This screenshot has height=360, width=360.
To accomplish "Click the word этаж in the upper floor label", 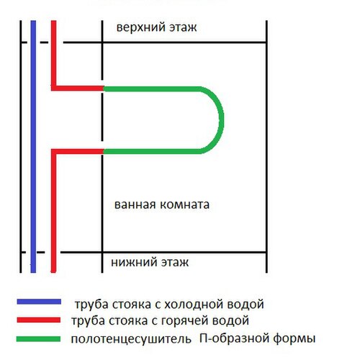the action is click(x=183, y=27).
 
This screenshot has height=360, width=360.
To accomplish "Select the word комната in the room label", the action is click(x=184, y=204).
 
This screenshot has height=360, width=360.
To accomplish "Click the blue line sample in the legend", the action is click(x=39, y=302).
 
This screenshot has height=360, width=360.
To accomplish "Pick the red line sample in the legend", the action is click(x=38, y=320).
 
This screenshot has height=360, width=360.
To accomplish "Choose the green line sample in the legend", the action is click(x=38, y=339).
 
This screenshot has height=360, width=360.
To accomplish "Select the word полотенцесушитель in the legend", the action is click(x=131, y=339).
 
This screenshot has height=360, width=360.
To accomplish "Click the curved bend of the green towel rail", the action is click(x=221, y=120).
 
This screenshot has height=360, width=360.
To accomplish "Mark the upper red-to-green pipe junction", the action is click(x=104, y=89).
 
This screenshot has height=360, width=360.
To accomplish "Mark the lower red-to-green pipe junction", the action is click(x=104, y=151).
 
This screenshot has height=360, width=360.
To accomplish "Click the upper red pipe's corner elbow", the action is click(x=54, y=88).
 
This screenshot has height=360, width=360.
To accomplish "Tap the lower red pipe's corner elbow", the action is click(x=54, y=152).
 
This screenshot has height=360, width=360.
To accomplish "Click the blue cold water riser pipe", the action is click(x=33, y=147).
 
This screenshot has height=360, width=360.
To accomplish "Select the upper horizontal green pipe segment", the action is click(x=153, y=89).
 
